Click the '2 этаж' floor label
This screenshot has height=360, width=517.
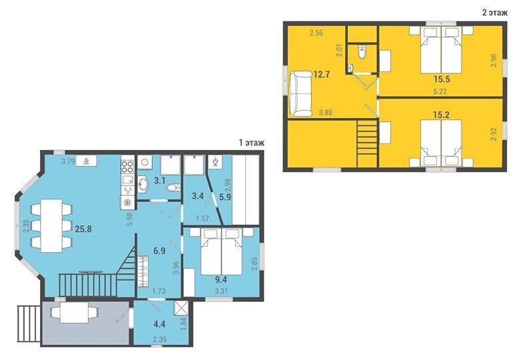[494, 13]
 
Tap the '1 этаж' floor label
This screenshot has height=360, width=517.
[252, 143]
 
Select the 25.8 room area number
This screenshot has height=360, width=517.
[83, 229]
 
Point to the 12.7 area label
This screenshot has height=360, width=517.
[322, 74]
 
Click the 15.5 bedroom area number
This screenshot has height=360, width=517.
[442, 79]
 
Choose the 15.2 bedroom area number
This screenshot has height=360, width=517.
[442, 115]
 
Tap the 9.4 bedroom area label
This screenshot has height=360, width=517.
[221, 280]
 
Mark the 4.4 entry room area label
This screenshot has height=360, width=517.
[160, 324]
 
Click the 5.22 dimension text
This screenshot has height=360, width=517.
[440, 92]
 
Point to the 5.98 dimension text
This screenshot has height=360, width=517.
[129, 219]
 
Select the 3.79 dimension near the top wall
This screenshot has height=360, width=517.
[68, 161]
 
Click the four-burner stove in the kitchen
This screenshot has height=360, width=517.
[128, 167]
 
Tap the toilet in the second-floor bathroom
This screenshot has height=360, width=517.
[362, 52]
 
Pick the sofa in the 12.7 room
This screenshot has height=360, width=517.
[300, 94]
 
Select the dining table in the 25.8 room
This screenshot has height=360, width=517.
[51, 225]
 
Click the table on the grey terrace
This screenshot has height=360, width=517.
[74, 311]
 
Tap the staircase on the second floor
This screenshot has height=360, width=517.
[367, 143]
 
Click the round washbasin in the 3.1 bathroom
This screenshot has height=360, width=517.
[143, 185]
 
